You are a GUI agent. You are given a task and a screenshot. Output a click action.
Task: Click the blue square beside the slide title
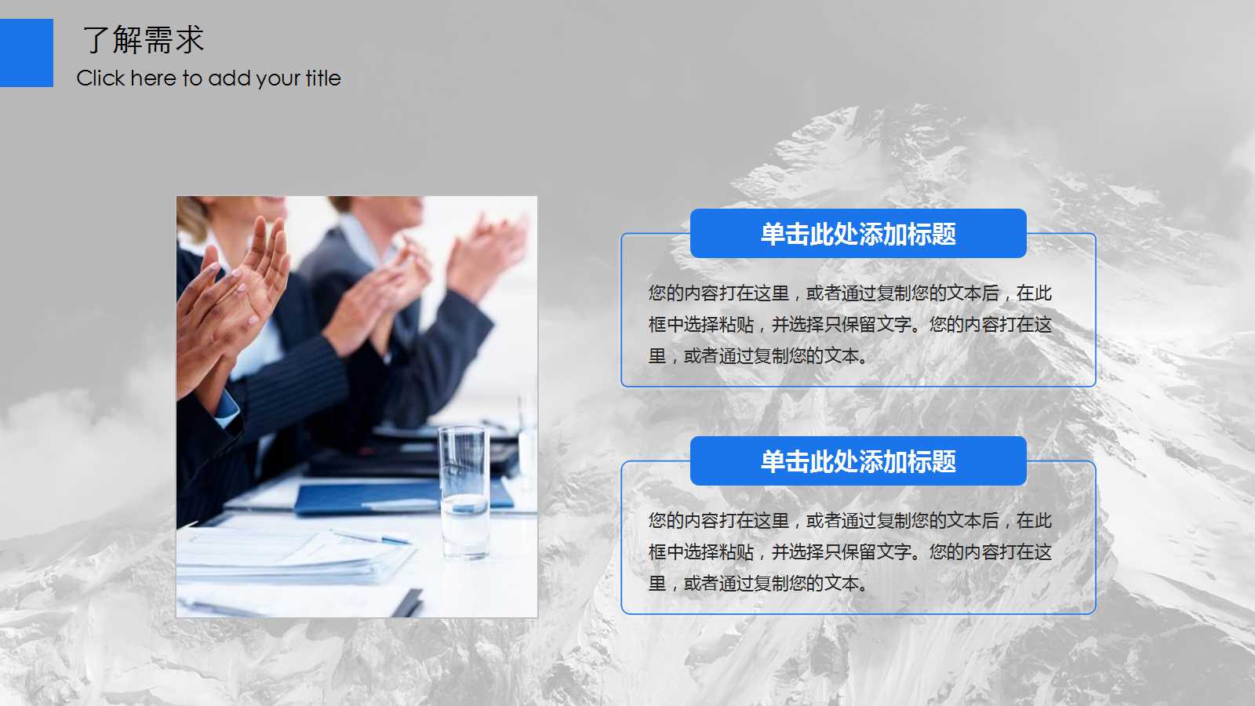point(27,53)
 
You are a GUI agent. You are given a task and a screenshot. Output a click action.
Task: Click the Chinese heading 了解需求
point(143,40)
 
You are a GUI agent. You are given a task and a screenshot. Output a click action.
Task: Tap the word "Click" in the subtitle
point(100,78)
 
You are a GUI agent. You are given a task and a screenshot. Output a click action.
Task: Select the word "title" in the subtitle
point(323,78)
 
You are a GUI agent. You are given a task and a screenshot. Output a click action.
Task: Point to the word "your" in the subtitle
point(278,79)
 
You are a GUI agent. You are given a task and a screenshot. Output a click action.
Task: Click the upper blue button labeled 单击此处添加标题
point(858,234)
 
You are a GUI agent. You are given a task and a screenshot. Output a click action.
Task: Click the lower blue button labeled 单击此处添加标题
point(858,461)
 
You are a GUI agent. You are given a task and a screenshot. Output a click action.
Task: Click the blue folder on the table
point(369,498)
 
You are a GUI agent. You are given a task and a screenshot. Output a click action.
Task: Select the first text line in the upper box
point(849,293)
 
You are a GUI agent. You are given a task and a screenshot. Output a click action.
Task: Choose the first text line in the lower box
point(849,521)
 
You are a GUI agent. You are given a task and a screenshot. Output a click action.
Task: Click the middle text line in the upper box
point(849,325)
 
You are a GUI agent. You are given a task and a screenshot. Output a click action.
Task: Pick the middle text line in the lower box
point(849,552)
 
